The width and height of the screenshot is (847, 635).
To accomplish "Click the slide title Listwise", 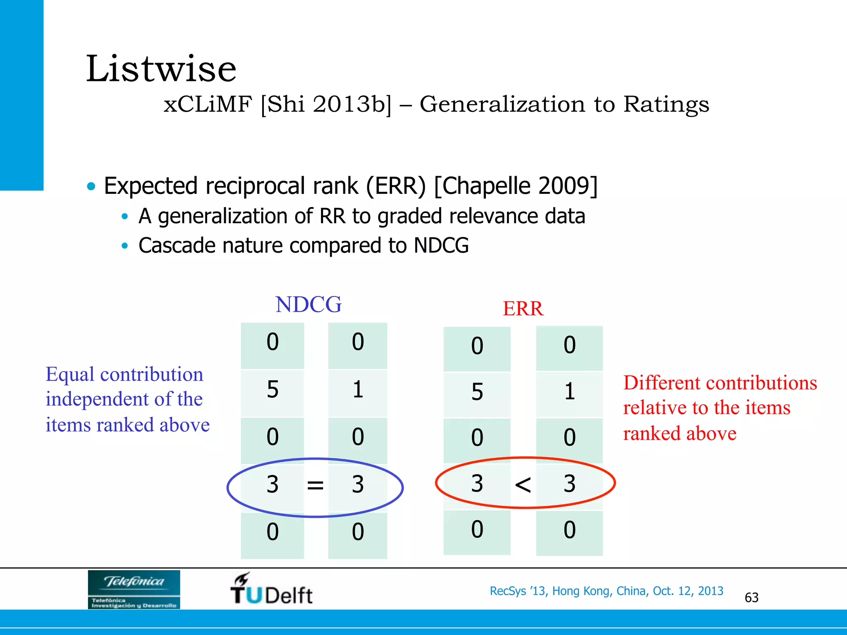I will point(161,69).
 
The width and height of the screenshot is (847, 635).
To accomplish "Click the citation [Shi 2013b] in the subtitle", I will point(326,104).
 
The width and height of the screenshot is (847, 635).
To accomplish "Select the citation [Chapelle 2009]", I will point(515,186).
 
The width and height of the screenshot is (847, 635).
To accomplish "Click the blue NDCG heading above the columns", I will point(309,305).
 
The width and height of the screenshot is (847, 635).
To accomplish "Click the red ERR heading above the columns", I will point(523,309).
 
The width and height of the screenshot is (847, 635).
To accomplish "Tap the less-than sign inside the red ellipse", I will point(523,485).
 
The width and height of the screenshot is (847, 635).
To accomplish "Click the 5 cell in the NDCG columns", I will point(273,390).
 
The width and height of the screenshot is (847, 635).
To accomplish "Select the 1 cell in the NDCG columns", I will point(358,390).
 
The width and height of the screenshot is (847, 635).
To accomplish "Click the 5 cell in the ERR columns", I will point(477,392).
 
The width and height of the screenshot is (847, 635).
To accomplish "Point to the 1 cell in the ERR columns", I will point(569,392).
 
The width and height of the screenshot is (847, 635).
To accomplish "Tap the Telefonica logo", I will point(134,589).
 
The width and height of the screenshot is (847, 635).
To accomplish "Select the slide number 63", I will point(751,598).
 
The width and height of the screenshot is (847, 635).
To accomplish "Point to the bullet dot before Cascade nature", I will point(125,246).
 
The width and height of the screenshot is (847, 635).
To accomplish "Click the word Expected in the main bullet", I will point(151,186).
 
